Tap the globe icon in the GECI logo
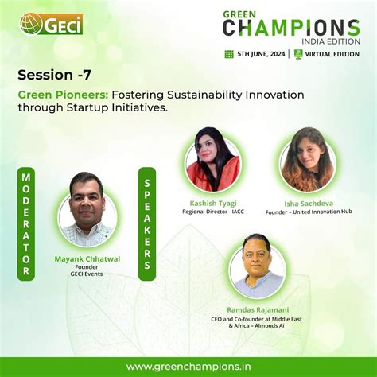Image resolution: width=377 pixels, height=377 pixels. point(31,25)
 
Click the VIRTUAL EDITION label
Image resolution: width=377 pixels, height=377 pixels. point(331,54)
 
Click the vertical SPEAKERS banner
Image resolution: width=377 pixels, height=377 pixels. point(147,223)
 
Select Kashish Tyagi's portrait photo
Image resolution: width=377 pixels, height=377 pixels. point(212,155)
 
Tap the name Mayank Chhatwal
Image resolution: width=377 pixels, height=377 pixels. point(87,258)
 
